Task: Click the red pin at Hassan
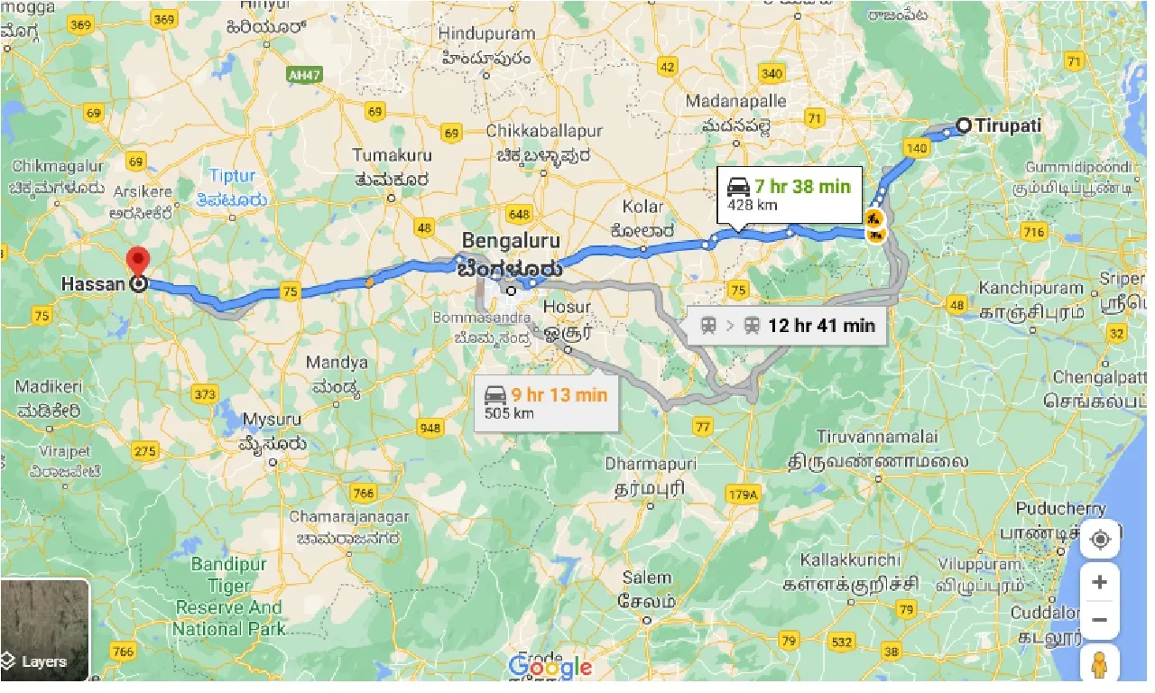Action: click(137, 262)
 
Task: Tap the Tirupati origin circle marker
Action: click(964, 125)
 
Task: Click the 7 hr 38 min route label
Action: click(788, 194)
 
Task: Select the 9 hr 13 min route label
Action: click(545, 402)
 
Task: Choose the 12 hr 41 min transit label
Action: click(785, 326)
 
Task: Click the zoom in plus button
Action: click(1099, 583)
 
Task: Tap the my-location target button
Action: click(1099, 540)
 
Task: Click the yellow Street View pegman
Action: click(1099, 665)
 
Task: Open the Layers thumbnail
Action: click(45, 629)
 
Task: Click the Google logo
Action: click(550, 668)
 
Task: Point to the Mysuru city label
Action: click(272, 420)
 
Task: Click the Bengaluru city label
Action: click(511, 242)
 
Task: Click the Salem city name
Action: click(647, 577)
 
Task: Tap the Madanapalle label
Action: click(735, 101)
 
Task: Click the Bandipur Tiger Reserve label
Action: click(229, 596)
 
